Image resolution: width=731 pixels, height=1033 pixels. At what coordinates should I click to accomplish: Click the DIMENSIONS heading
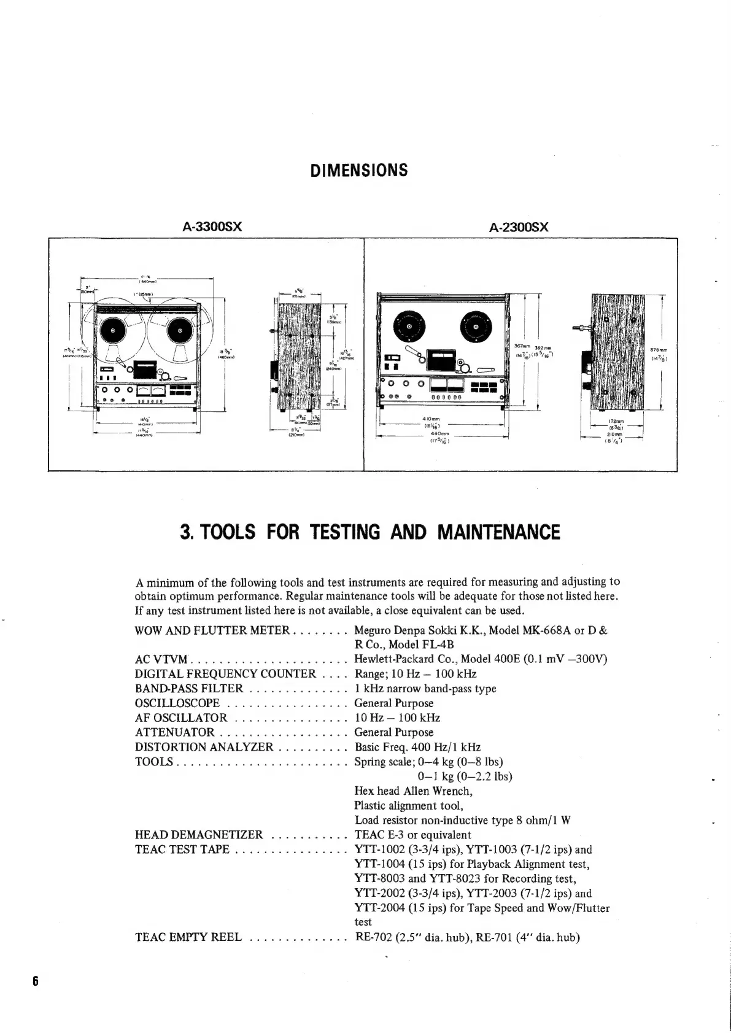[x=359, y=170]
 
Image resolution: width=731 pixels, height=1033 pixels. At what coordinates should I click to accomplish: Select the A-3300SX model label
[x=212, y=227]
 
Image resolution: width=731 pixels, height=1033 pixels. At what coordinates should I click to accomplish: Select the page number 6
[x=36, y=980]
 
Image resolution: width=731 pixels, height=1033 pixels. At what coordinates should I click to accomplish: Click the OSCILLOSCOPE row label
[x=177, y=703]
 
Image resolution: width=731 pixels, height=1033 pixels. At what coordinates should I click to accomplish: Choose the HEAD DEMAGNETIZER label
[x=198, y=835]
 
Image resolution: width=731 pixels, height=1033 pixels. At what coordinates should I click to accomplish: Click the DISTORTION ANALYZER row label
[x=204, y=747]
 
